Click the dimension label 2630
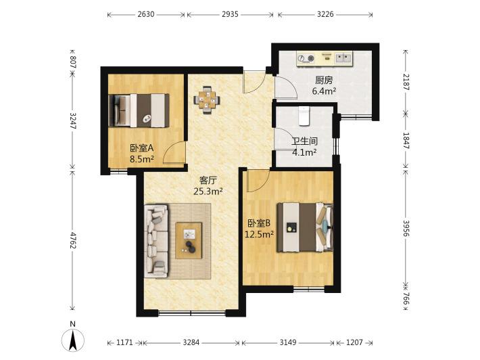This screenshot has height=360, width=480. point(146,14)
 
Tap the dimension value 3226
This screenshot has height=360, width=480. point(325,14)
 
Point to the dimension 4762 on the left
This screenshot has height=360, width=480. point(72,240)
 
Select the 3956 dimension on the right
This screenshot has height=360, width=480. point(406,228)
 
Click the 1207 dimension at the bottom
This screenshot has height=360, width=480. point(354,342)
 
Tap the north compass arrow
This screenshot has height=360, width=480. point(73,340)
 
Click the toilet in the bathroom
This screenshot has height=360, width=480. point(304,116)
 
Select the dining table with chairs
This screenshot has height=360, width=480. point(207,100)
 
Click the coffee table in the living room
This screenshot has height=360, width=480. point(189,241)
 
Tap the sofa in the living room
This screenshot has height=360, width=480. point(156,241)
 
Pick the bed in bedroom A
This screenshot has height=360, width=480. point(139,110)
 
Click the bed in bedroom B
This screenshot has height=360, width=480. point(305,227)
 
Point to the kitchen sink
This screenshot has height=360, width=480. point(343,58)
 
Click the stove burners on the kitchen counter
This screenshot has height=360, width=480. point(306,58)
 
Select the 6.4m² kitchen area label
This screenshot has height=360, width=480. point(325,91)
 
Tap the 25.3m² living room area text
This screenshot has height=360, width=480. point(208,192)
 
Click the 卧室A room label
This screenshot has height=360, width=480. point(141,148)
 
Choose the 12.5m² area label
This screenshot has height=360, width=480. point(259,234)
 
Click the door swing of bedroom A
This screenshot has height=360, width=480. point(174,152)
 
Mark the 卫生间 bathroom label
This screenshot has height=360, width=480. point(304,141)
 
